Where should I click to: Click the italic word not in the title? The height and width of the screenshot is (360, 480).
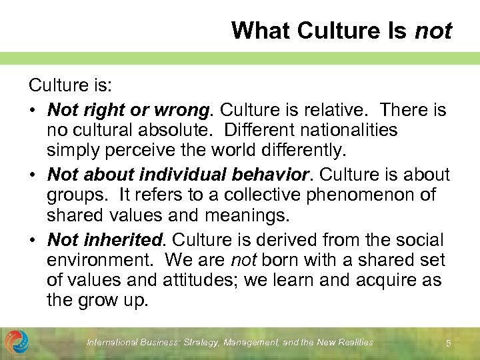[433, 31]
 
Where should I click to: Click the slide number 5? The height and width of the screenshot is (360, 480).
[449, 343]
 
